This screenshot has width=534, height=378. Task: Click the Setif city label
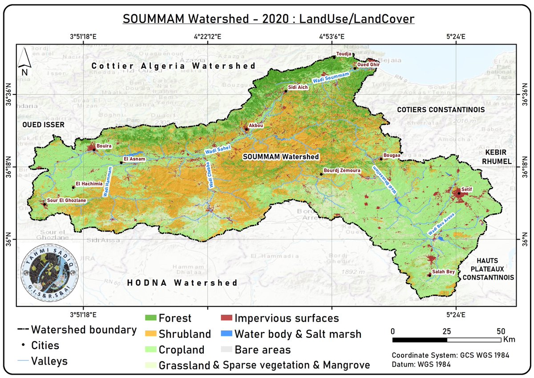pos(466,189)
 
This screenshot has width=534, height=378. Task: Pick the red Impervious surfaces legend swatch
pos(227,318)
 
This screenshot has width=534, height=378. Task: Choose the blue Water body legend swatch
pos(227,334)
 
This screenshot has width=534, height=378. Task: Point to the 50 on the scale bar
pos(501,331)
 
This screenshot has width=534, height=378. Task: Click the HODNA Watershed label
pos(182,283)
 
